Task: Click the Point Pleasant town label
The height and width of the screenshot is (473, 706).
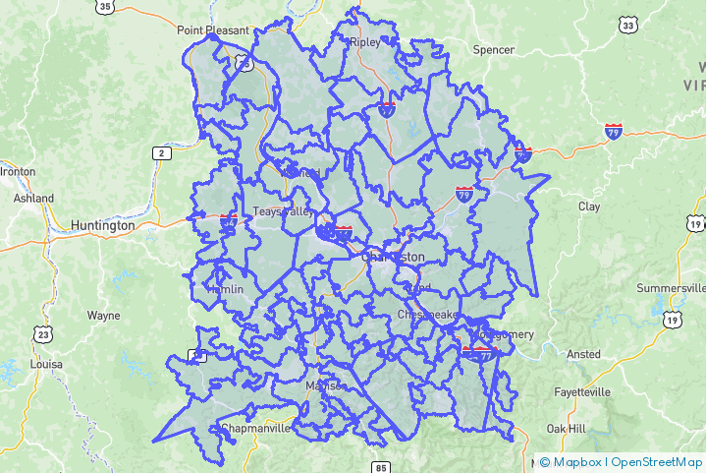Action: click(x=213, y=30)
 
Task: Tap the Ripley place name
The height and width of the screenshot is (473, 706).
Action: click(x=364, y=42)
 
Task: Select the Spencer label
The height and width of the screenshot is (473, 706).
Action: click(x=493, y=49)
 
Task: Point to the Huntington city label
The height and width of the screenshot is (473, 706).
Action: click(x=102, y=225)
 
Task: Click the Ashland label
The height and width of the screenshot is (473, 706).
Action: click(x=33, y=198)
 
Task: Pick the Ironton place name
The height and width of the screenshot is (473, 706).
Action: click(x=18, y=171)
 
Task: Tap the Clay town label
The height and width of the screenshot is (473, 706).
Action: click(x=589, y=207)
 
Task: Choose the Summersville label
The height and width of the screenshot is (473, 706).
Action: click(x=671, y=288)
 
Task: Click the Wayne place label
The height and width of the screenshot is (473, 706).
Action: click(x=103, y=316)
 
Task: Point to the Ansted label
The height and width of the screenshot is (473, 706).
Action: click(x=583, y=354)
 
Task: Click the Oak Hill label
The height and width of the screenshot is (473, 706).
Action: click(x=567, y=429)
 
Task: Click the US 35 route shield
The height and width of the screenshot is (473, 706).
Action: click(x=105, y=6)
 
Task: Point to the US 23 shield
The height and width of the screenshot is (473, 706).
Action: click(x=42, y=334)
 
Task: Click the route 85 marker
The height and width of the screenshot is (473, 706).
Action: click(x=381, y=466)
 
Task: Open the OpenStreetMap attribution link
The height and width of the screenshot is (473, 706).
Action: click(x=657, y=461)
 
